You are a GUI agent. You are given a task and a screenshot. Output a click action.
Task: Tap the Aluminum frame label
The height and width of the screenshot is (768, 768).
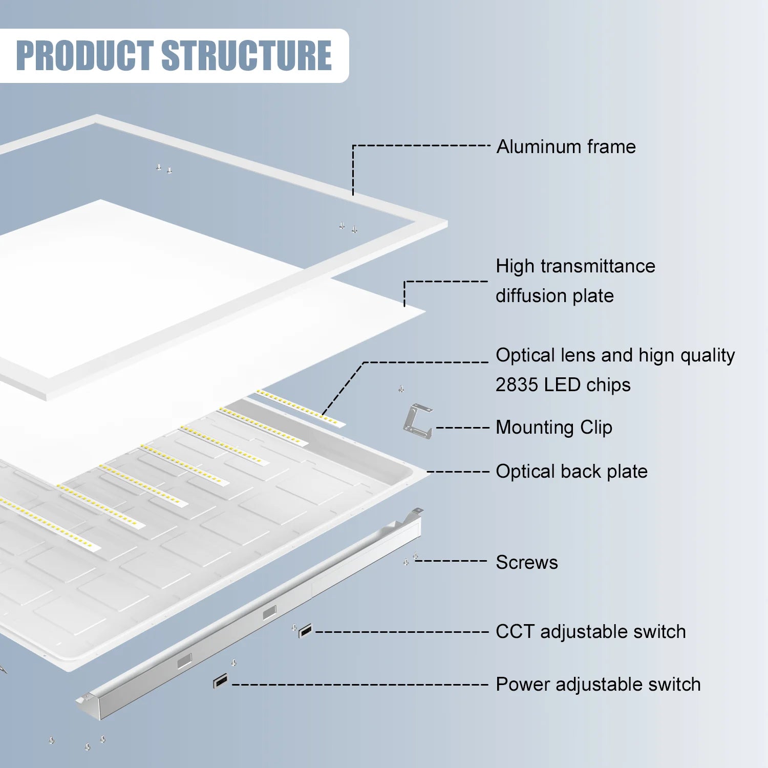tap(566, 147)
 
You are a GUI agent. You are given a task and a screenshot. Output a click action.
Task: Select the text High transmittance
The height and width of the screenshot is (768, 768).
tap(575, 266)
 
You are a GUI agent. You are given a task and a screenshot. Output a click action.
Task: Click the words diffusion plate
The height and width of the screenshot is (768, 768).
tap(554, 296)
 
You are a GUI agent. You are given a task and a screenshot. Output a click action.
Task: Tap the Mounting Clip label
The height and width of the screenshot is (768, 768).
tap(553, 428)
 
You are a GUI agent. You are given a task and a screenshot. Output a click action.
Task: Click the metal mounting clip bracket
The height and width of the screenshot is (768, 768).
tap(417, 421)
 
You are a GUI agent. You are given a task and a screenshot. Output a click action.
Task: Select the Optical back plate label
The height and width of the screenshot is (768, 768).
tap(571, 472)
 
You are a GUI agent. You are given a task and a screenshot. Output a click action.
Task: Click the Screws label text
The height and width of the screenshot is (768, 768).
tap(526, 563)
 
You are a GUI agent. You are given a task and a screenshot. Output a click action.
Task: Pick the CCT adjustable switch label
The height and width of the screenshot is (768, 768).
tap(590, 632)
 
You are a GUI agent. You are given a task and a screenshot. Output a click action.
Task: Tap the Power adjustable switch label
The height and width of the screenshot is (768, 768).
tap(598, 685)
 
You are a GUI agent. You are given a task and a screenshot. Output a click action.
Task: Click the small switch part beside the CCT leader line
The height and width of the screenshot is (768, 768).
tap(305, 631)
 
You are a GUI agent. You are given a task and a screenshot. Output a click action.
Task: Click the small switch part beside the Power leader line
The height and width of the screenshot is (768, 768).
tap(220, 681)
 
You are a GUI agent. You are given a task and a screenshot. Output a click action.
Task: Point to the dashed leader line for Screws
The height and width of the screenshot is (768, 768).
tap(451, 561)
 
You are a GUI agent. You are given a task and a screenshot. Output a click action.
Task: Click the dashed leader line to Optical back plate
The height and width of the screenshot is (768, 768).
tap(458, 472)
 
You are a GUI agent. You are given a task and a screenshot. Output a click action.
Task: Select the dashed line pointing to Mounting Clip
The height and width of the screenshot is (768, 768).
tap(463, 428)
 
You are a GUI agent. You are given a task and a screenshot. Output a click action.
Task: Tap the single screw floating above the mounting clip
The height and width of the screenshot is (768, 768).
tap(401, 389)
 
